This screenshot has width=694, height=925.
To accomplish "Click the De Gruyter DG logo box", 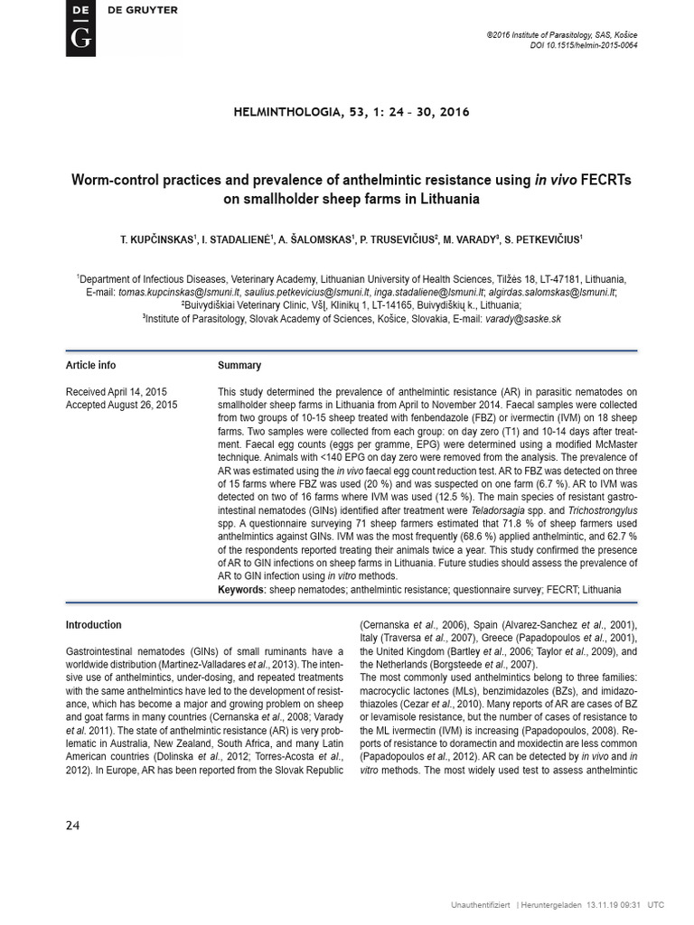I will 80,28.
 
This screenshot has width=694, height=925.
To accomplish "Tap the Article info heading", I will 90,366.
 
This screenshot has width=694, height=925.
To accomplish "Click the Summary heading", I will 239,366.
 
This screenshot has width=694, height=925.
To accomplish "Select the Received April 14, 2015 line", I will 116,392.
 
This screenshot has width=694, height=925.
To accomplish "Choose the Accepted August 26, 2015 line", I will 121,405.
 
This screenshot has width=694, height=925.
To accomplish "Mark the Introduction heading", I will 93,624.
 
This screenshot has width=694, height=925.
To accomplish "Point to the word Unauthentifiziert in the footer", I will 481,904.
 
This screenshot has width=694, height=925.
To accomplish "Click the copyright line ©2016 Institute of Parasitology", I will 561,33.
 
